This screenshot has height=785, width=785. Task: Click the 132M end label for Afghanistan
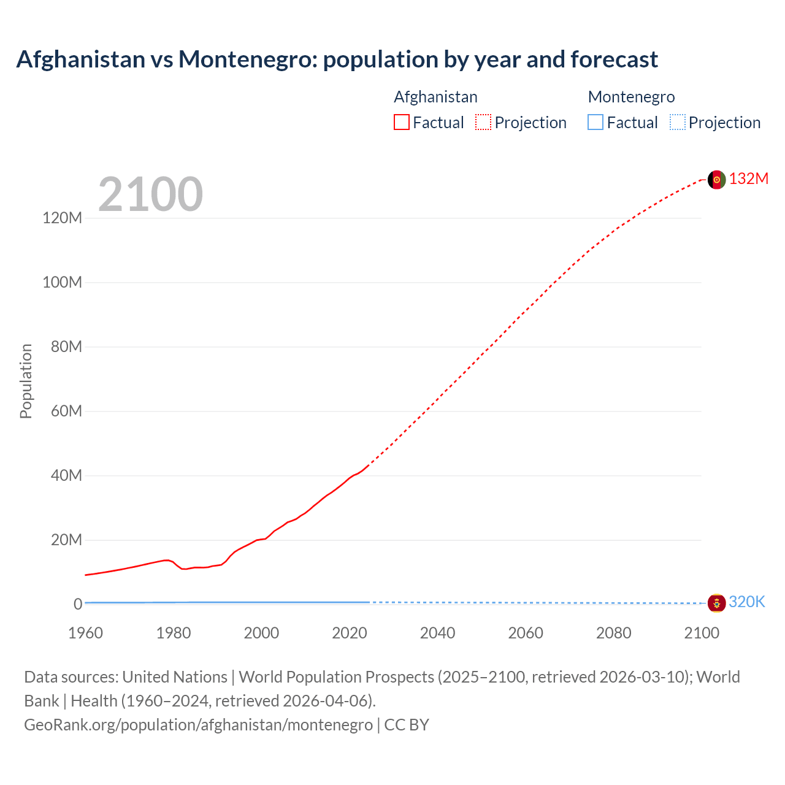click(x=748, y=178)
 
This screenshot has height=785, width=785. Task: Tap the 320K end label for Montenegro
click(x=746, y=602)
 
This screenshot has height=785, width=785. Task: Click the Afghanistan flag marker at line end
click(x=716, y=180)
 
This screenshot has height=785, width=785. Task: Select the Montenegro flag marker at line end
click(x=716, y=603)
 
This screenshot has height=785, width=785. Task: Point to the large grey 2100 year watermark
click(x=150, y=194)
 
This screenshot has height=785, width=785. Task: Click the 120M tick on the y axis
click(x=63, y=218)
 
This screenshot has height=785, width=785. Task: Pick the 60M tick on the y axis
click(x=66, y=411)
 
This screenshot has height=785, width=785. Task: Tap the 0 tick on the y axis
click(x=78, y=604)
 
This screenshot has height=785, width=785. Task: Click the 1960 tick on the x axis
click(x=85, y=633)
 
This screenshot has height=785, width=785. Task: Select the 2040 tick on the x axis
click(x=437, y=633)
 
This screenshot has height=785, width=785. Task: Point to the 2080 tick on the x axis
click(x=613, y=633)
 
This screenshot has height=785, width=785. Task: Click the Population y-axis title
click(x=26, y=381)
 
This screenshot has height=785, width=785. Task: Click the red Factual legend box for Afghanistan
click(x=401, y=122)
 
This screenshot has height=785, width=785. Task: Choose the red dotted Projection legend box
click(x=483, y=122)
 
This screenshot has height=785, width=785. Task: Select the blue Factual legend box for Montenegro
click(x=595, y=122)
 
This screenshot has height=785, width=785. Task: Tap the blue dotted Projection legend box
click(x=677, y=122)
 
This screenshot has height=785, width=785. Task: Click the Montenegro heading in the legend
click(x=631, y=97)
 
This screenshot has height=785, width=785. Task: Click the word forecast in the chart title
click(x=614, y=59)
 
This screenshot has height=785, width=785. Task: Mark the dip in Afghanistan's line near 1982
click(x=183, y=569)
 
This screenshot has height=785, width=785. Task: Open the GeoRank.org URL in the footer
click(x=198, y=724)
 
